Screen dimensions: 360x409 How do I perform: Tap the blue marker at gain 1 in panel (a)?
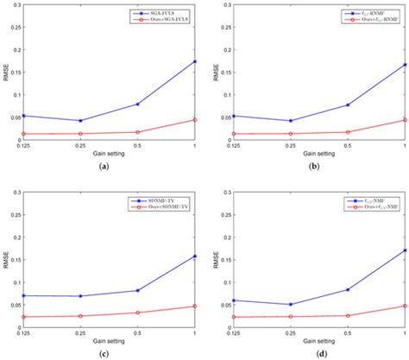194,61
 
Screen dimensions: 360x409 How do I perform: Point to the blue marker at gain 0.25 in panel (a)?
79,121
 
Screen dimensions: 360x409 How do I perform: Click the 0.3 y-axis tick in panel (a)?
16,5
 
